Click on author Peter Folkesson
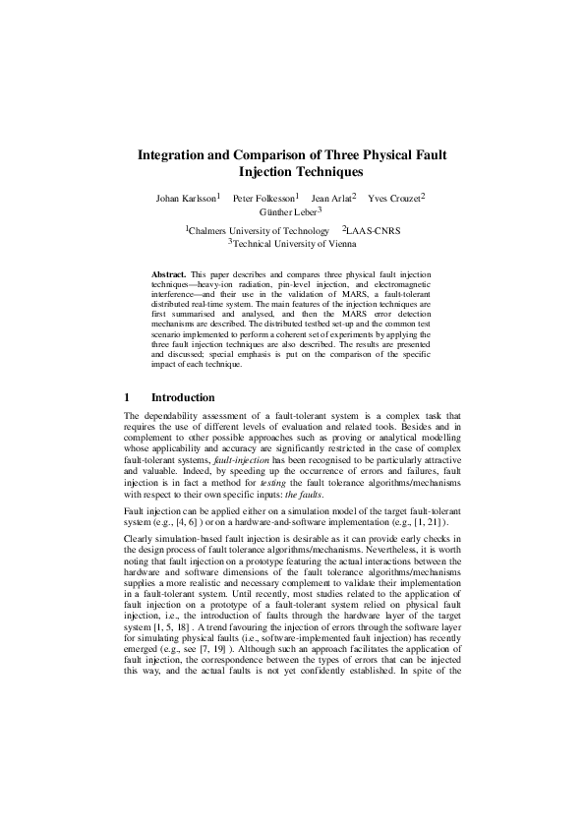[263, 199]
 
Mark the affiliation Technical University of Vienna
[292, 242]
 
